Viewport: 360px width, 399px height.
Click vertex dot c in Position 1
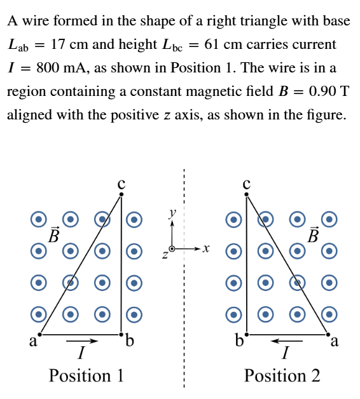pyautogui.click(x=121, y=194)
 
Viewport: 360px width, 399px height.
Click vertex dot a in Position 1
pyautogui.click(x=39, y=334)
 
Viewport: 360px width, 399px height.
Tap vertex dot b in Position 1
pyautogui.click(x=121, y=334)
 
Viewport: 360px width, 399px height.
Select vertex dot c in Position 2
pyautogui.click(x=246, y=194)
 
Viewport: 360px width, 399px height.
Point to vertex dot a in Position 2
pyautogui.click(x=328, y=334)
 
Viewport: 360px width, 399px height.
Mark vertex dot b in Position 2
pyautogui.click(x=246, y=334)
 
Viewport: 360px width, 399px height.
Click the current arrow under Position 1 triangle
pyautogui.click(x=82, y=341)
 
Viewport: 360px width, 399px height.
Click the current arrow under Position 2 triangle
pyautogui.click(x=286, y=341)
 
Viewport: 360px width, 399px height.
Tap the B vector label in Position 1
pyautogui.click(x=54, y=234)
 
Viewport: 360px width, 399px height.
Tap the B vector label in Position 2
pyautogui.click(x=313, y=234)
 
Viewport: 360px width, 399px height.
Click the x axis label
pyautogui.click(x=206, y=248)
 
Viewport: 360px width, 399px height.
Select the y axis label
pyautogui.click(x=172, y=213)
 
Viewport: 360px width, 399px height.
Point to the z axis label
pyautogui.click(x=165, y=255)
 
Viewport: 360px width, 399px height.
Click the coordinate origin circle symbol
pyautogui.click(x=172, y=248)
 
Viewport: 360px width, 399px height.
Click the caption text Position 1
pyautogui.click(x=86, y=375)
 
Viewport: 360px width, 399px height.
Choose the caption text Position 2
pyautogui.click(x=282, y=375)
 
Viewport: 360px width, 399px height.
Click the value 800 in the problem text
pyautogui.click(x=48, y=68)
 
